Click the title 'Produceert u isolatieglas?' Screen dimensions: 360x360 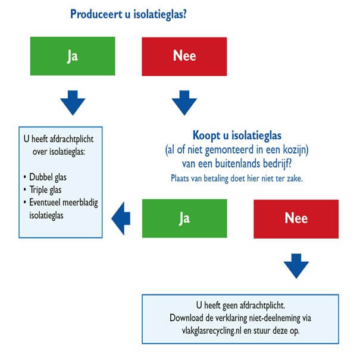click(x=128, y=14)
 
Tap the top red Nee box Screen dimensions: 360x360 click(x=184, y=57)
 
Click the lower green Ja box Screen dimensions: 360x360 click(x=184, y=218)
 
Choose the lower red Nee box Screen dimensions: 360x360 click(x=296, y=218)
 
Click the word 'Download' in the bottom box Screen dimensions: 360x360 click(x=189, y=317)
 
